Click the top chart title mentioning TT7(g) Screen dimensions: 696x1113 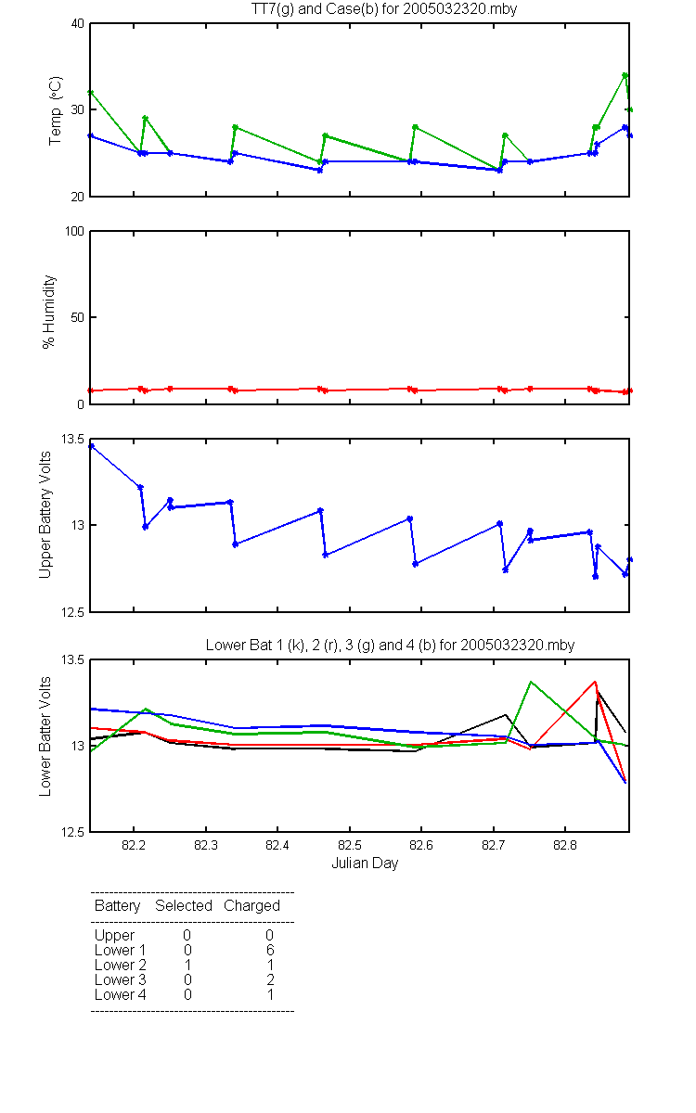(x=384, y=8)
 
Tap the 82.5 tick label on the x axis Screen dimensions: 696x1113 (x=350, y=845)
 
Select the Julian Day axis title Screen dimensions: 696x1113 (x=365, y=864)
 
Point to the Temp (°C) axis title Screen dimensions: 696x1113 (x=55, y=110)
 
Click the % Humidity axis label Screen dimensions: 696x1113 (x=48, y=312)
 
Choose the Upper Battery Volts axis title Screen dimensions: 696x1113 (x=45, y=515)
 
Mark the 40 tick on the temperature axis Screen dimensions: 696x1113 (x=78, y=23)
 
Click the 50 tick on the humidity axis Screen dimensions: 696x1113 (x=78, y=317)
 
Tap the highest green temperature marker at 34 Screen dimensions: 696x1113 (x=625, y=75)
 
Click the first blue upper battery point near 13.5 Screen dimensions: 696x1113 (x=92, y=446)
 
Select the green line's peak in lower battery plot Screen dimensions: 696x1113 (x=531, y=682)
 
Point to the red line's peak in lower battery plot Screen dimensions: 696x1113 (x=595, y=682)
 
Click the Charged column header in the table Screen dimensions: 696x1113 (x=251, y=906)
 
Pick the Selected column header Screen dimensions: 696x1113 (x=184, y=906)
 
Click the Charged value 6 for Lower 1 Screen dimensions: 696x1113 (x=270, y=950)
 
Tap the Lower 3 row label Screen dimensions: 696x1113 (x=121, y=979)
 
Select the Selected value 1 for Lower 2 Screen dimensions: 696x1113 (x=187, y=965)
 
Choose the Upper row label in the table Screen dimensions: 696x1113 (x=114, y=936)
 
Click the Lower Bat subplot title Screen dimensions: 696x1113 (x=391, y=645)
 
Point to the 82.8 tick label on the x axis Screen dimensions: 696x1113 (x=565, y=845)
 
